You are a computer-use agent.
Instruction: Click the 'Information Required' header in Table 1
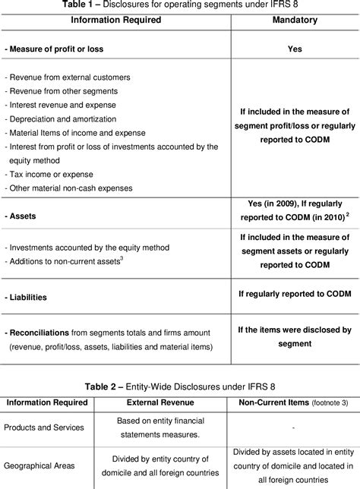(116, 19)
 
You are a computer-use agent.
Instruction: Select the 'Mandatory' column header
(295, 19)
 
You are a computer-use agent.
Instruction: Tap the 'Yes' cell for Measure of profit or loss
(295, 49)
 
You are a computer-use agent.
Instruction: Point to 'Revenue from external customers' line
(68, 77)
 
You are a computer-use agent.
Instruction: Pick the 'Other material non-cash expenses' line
(68, 188)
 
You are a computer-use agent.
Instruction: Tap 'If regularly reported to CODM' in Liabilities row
(295, 292)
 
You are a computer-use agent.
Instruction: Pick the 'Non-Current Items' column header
(270, 402)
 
